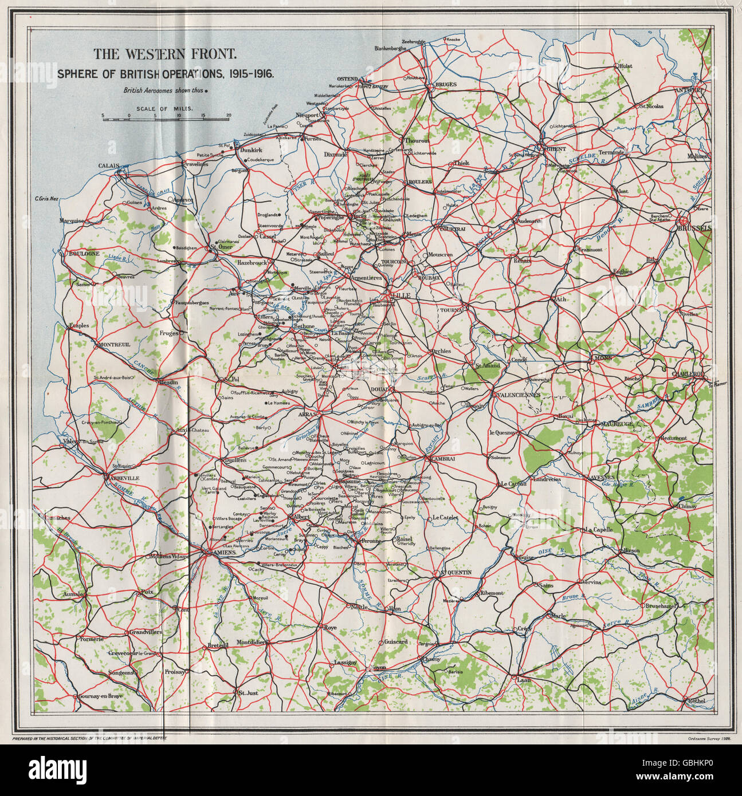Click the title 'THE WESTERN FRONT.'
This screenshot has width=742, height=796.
pos(164,55)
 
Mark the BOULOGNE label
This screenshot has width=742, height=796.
pos(84,253)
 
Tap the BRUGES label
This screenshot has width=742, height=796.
pos(446,85)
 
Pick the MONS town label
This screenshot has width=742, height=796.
pos(603,358)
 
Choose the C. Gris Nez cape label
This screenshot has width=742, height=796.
pos(47,199)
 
